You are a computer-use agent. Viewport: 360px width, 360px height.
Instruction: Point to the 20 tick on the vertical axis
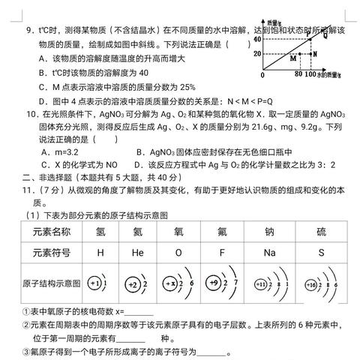point(257,54)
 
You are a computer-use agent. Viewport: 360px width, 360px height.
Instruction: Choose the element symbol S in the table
point(322,252)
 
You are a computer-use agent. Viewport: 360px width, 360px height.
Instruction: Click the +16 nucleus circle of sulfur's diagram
point(310,284)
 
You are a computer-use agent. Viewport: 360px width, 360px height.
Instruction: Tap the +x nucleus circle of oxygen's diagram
point(172,284)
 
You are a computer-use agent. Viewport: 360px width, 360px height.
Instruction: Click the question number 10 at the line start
point(31,115)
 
